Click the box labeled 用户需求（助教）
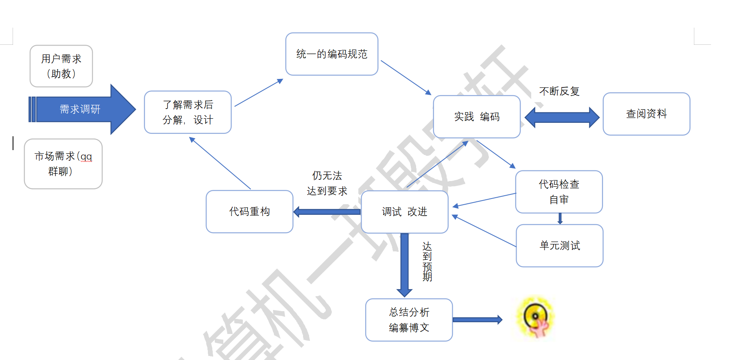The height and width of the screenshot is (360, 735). tap(61, 66)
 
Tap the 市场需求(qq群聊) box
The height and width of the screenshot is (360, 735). tap(63, 164)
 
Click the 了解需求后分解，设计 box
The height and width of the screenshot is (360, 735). tap(188, 112)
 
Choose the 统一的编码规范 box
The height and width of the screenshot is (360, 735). tap(332, 54)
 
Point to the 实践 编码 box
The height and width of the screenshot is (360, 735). tap(477, 117)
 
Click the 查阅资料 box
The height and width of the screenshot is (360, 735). tap(646, 114)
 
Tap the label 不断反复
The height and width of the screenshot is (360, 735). tap(559, 92)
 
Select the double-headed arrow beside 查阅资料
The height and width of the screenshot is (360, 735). tap(562, 118)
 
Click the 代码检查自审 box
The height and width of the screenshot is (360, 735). tap(559, 192)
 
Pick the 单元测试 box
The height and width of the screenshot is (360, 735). tap(560, 246)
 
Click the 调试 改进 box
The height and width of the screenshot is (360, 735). tap(405, 212)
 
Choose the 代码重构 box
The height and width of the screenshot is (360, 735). tap(250, 212)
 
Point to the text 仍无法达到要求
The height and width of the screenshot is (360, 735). tap(327, 183)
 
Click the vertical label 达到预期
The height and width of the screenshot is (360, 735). tap(427, 262)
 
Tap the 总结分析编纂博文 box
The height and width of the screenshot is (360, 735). tap(409, 320)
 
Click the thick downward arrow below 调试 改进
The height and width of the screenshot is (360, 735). tap(404, 264)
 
